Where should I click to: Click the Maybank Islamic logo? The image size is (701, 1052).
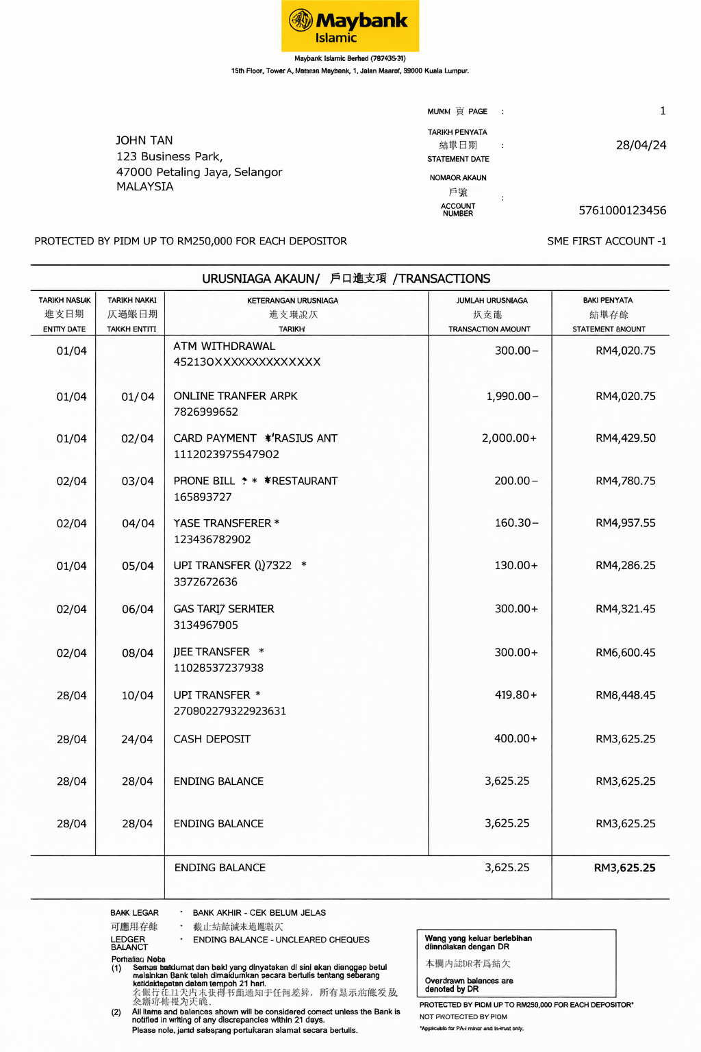(x=350, y=26)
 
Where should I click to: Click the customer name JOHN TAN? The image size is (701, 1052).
(x=144, y=140)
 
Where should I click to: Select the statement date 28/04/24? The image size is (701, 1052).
(x=641, y=145)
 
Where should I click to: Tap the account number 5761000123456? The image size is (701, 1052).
(x=622, y=210)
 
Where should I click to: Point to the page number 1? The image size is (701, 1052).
(x=662, y=111)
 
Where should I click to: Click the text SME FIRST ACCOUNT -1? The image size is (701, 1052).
(x=607, y=241)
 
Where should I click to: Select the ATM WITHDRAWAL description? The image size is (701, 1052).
(x=224, y=347)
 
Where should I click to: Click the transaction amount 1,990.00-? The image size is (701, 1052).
(x=512, y=397)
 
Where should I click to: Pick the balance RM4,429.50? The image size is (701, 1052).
(x=625, y=438)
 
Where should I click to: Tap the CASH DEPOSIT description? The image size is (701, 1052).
(x=212, y=739)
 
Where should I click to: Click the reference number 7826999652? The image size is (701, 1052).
(x=205, y=412)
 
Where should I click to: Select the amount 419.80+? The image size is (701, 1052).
(x=515, y=695)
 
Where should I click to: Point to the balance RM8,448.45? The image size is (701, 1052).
(x=625, y=695)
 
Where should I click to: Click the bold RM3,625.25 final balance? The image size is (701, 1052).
(x=624, y=868)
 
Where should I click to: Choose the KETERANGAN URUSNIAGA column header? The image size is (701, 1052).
(x=292, y=301)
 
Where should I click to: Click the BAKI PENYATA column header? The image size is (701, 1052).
(x=608, y=301)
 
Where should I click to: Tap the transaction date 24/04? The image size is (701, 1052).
(x=137, y=740)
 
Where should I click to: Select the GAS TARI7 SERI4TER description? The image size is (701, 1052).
(x=223, y=609)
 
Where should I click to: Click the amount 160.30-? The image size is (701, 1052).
(x=516, y=523)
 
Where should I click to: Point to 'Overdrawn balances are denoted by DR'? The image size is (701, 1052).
(x=468, y=985)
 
